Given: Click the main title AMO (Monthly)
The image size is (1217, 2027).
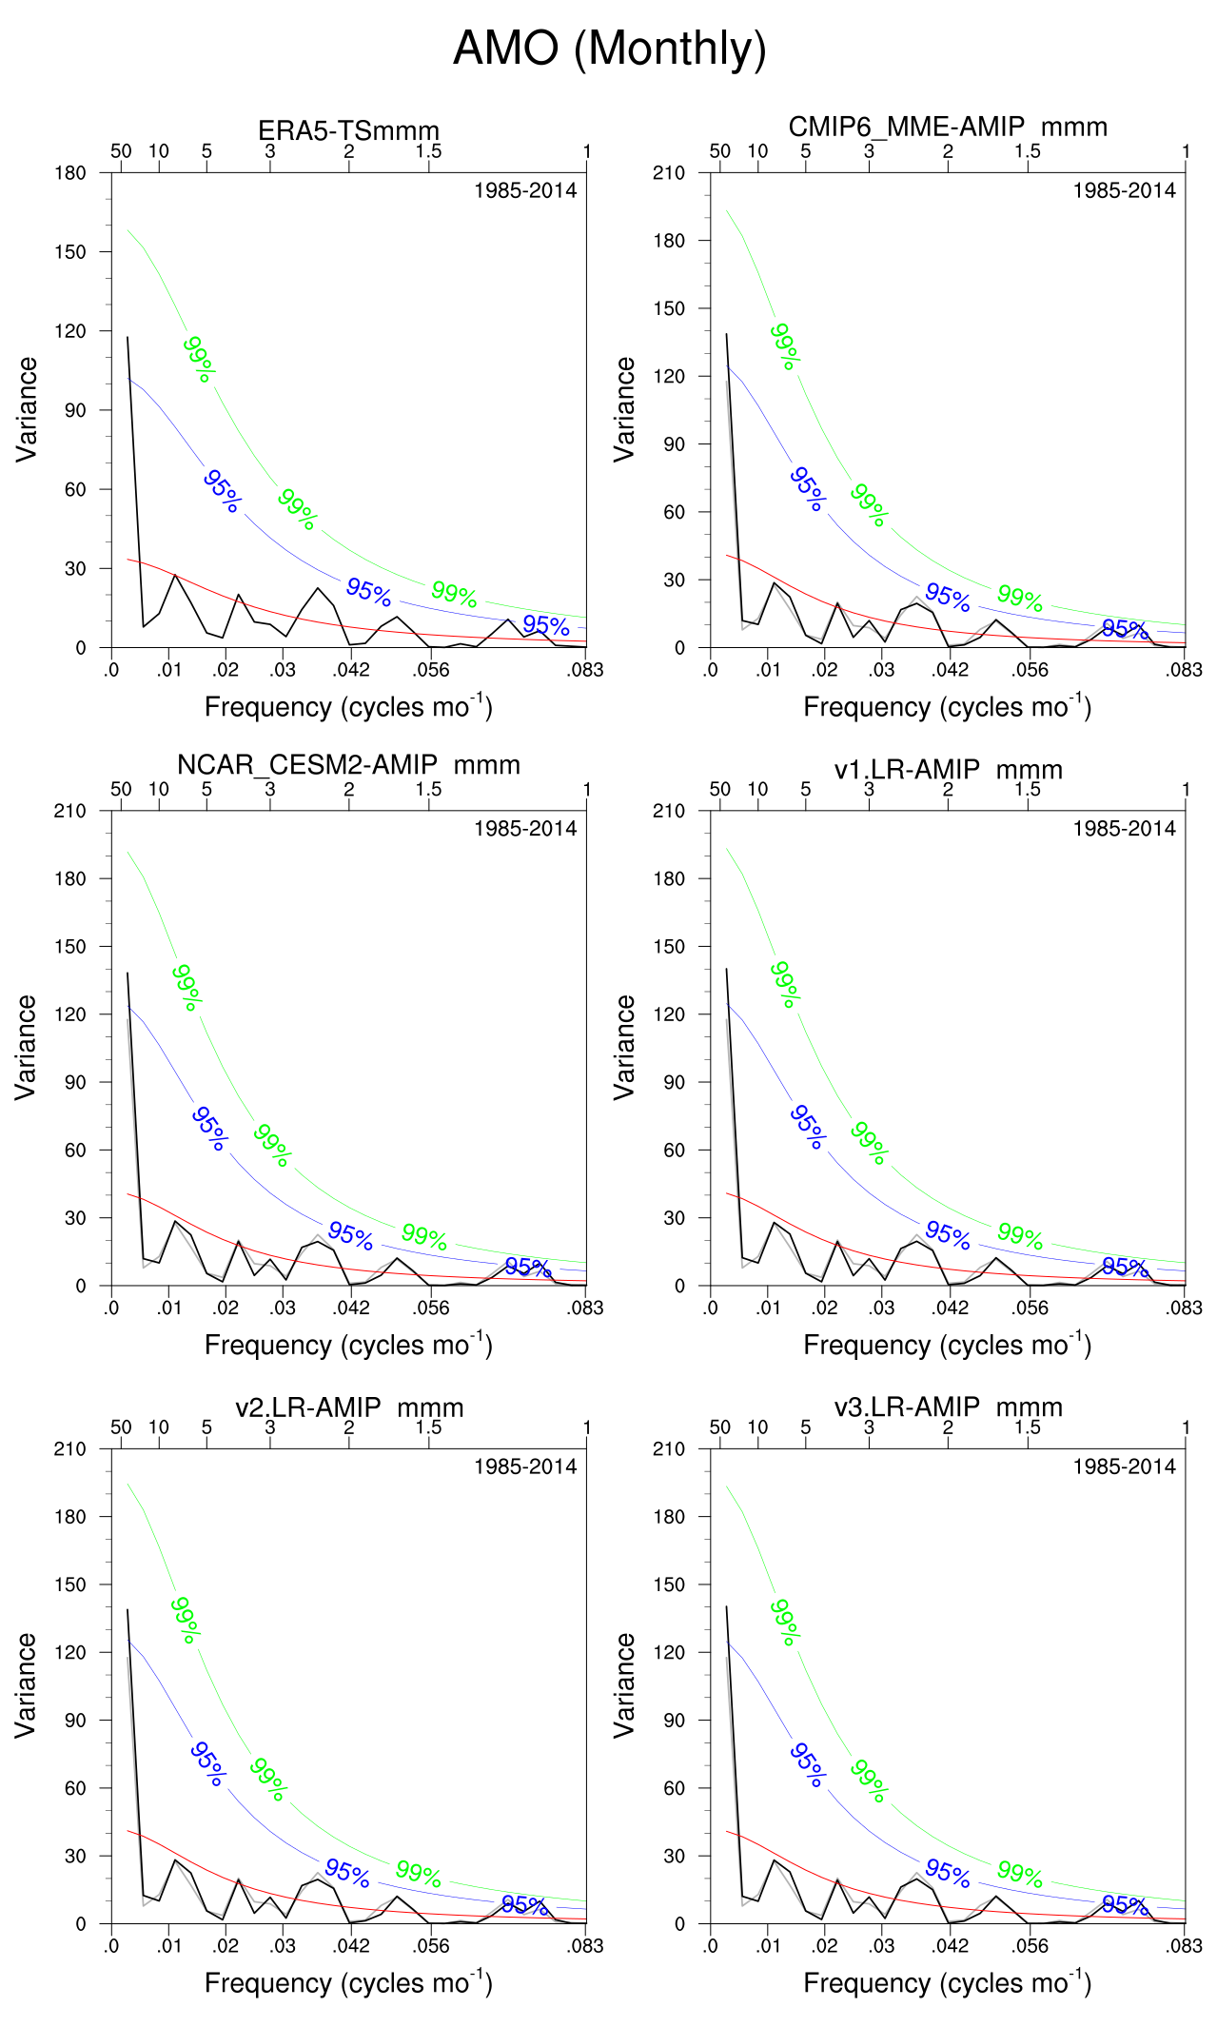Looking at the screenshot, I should tap(609, 49).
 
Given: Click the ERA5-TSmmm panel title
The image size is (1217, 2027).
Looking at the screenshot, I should tap(348, 130).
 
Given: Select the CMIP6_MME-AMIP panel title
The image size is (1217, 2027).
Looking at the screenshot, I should tap(948, 127).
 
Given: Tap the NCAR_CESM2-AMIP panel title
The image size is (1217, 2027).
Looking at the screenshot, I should tap(348, 765).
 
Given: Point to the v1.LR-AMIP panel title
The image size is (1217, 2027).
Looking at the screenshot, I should tap(948, 769).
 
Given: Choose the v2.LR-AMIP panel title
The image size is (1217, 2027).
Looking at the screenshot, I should tap(348, 1407).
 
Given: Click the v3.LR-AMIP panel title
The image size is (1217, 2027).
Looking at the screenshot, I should tap(948, 1407).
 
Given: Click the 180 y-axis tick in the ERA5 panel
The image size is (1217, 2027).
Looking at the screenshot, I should tap(70, 173).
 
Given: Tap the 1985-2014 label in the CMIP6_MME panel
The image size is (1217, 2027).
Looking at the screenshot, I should tap(1124, 190).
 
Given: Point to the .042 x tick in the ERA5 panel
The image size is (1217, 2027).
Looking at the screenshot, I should tap(350, 670).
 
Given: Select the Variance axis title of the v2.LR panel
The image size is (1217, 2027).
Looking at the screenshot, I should tap(26, 1685).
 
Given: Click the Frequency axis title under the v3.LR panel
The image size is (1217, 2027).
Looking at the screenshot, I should tap(947, 1983).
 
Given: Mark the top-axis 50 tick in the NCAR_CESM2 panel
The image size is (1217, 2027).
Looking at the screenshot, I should tap(121, 789).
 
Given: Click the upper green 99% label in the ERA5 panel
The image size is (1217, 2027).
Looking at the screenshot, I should tap(200, 359).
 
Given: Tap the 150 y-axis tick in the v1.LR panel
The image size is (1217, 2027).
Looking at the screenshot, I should tap(669, 947).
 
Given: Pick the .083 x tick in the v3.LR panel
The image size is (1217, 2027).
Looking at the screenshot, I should tap(1185, 1946).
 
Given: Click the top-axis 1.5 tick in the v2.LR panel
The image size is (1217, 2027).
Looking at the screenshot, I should tap(428, 1427).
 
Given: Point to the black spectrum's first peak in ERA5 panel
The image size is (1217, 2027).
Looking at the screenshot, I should tap(128, 337).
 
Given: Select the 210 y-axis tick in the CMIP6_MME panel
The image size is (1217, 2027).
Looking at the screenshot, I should tap(669, 173).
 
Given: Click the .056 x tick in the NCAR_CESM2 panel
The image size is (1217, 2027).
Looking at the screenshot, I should tap(430, 1309).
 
